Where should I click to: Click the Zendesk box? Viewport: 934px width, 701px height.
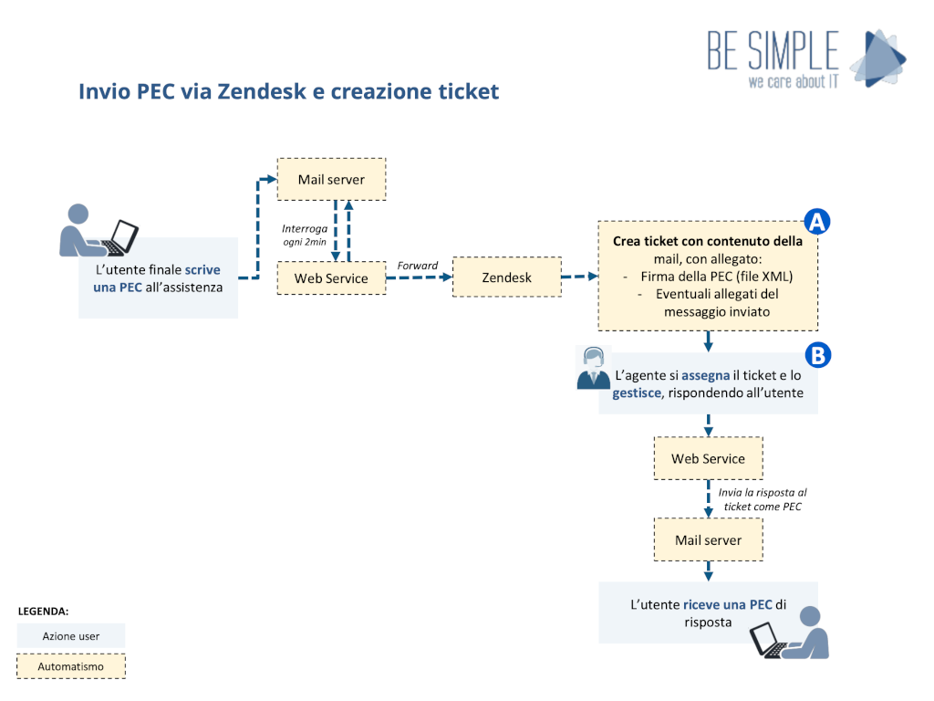click(x=507, y=277)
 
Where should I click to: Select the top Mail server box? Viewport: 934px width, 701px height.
click(x=331, y=180)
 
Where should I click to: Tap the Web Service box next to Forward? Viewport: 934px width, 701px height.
click(x=331, y=277)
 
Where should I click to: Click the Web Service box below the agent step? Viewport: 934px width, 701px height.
click(x=708, y=458)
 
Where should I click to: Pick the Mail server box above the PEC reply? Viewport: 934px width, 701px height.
click(x=708, y=540)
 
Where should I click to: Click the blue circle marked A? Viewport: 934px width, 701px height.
click(x=816, y=222)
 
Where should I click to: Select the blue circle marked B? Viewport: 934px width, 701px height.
click(x=816, y=355)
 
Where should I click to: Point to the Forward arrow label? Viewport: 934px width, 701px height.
click(x=418, y=266)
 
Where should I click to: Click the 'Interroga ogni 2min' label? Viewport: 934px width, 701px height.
click(x=303, y=235)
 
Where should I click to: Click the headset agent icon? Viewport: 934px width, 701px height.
click(x=594, y=368)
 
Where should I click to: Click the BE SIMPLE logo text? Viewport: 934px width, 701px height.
click(x=773, y=50)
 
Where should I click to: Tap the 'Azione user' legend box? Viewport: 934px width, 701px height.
click(x=71, y=636)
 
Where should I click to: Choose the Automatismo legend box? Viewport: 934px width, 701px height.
click(x=71, y=666)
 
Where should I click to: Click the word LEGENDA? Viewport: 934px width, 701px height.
click(x=43, y=611)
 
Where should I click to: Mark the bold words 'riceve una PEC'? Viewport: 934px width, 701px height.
click(x=727, y=604)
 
